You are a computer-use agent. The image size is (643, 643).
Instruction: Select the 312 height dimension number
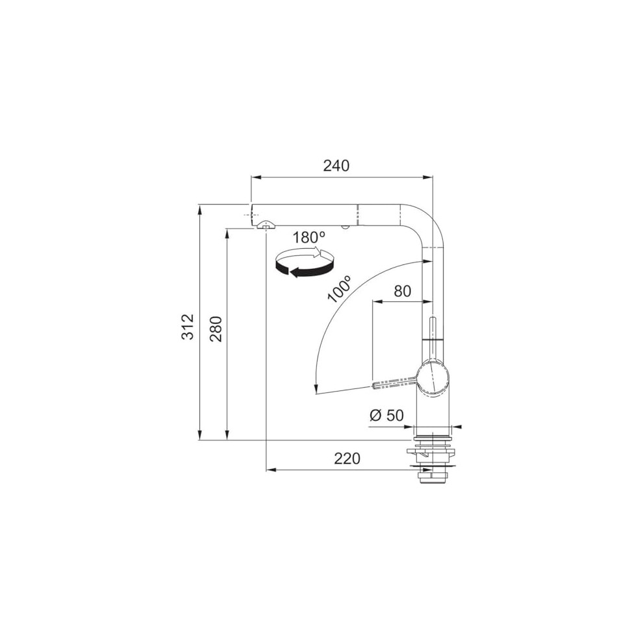click(188, 327)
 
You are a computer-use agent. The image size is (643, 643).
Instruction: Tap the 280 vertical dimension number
click(216, 329)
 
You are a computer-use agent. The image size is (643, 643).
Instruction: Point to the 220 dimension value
click(347, 459)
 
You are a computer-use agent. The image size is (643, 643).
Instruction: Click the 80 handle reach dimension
click(402, 291)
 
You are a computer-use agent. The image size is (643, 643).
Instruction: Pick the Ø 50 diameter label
click(386, 416)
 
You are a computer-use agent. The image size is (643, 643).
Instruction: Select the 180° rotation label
click(309, 238)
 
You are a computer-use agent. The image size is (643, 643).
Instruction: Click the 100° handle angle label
click(340, 289)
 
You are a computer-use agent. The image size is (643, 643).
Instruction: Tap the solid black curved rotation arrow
click(303, 269)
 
